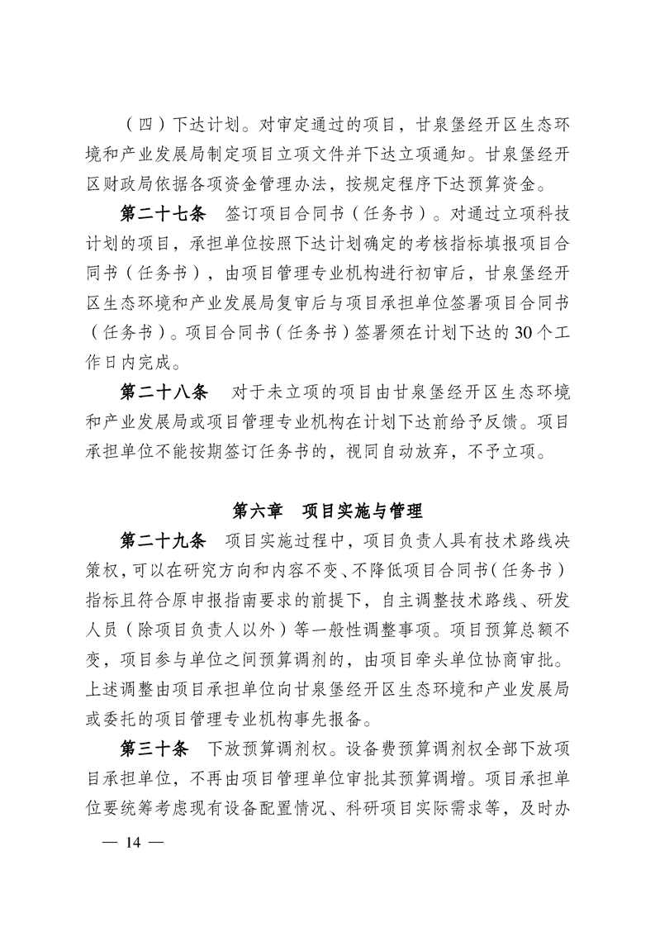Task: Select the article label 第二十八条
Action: coord(164,389)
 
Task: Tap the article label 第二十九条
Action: coord(164,540)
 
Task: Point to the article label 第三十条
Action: coord(155,749)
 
